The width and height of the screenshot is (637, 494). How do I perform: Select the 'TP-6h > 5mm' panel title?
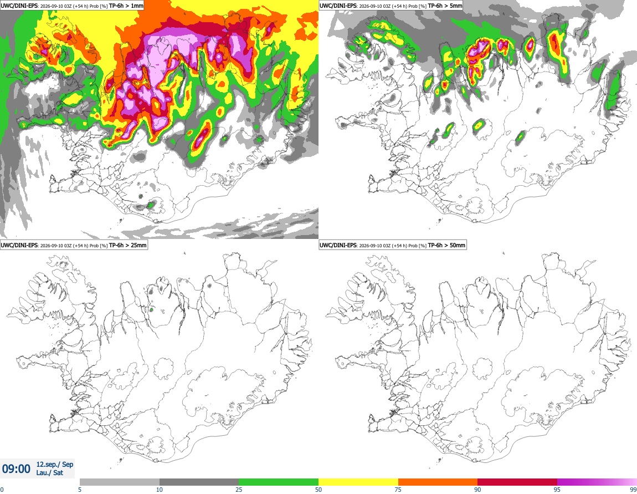445,6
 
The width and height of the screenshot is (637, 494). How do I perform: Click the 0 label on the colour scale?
2,490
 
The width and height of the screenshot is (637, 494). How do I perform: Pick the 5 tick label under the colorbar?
80,490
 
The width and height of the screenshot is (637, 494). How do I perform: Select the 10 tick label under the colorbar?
160,490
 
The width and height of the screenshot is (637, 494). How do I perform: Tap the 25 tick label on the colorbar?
239,490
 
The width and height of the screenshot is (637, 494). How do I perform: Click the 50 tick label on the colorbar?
318,490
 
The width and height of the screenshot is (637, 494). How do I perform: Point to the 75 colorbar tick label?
398,490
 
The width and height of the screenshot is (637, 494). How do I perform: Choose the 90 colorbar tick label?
477,490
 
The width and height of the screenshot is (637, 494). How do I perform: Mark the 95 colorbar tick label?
557,490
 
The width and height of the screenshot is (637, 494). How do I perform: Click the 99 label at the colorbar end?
633,490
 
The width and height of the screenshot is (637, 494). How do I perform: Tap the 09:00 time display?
16,469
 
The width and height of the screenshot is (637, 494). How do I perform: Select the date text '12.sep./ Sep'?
55,464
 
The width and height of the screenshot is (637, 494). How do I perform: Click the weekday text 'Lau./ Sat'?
49,473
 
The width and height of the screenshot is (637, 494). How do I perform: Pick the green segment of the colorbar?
279,482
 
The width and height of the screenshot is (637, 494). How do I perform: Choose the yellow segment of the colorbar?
358,482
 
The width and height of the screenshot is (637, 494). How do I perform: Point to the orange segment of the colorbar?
438,482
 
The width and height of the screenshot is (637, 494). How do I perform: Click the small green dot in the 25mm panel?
151,310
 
